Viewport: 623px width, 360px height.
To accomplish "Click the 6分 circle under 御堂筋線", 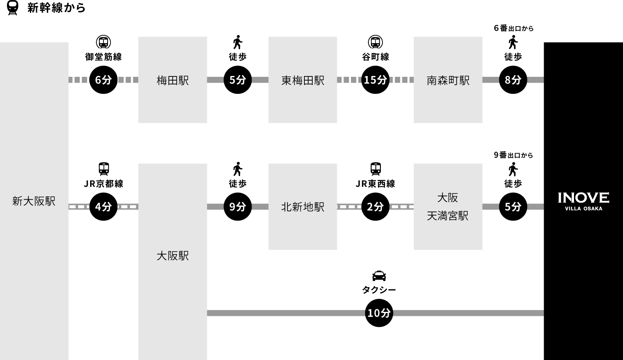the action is pos(103,80).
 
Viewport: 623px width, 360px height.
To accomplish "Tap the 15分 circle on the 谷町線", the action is pos(375,80).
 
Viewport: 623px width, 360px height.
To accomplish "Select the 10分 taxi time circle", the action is pos(379,313).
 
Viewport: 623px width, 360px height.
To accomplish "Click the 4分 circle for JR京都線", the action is pos(103,206).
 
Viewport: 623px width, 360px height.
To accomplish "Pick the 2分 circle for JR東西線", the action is pos(375,206).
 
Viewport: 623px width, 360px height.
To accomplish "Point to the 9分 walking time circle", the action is pos(238,206).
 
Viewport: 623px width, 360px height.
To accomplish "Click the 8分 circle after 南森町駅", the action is pos(513,80).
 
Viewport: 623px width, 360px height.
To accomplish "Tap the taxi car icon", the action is pos(379,276).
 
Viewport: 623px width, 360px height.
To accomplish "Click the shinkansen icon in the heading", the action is pos(12,7).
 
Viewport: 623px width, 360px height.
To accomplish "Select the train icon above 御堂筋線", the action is pos(103,42).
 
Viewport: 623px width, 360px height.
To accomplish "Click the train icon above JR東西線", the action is pos(375,169).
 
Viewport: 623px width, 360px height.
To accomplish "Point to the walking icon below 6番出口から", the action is pos(513,42).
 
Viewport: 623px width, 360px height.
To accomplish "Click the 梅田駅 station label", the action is pos(173,81).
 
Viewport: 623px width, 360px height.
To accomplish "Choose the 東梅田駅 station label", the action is pos(303,81).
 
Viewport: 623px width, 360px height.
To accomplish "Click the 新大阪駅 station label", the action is pos(34,201).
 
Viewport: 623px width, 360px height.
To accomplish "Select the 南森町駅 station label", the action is pos(448,81).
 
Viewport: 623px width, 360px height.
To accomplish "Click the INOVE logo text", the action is pos(584,198).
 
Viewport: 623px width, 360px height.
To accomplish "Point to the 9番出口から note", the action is pos(513,155).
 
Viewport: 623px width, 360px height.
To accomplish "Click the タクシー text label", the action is pos(379,290).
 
